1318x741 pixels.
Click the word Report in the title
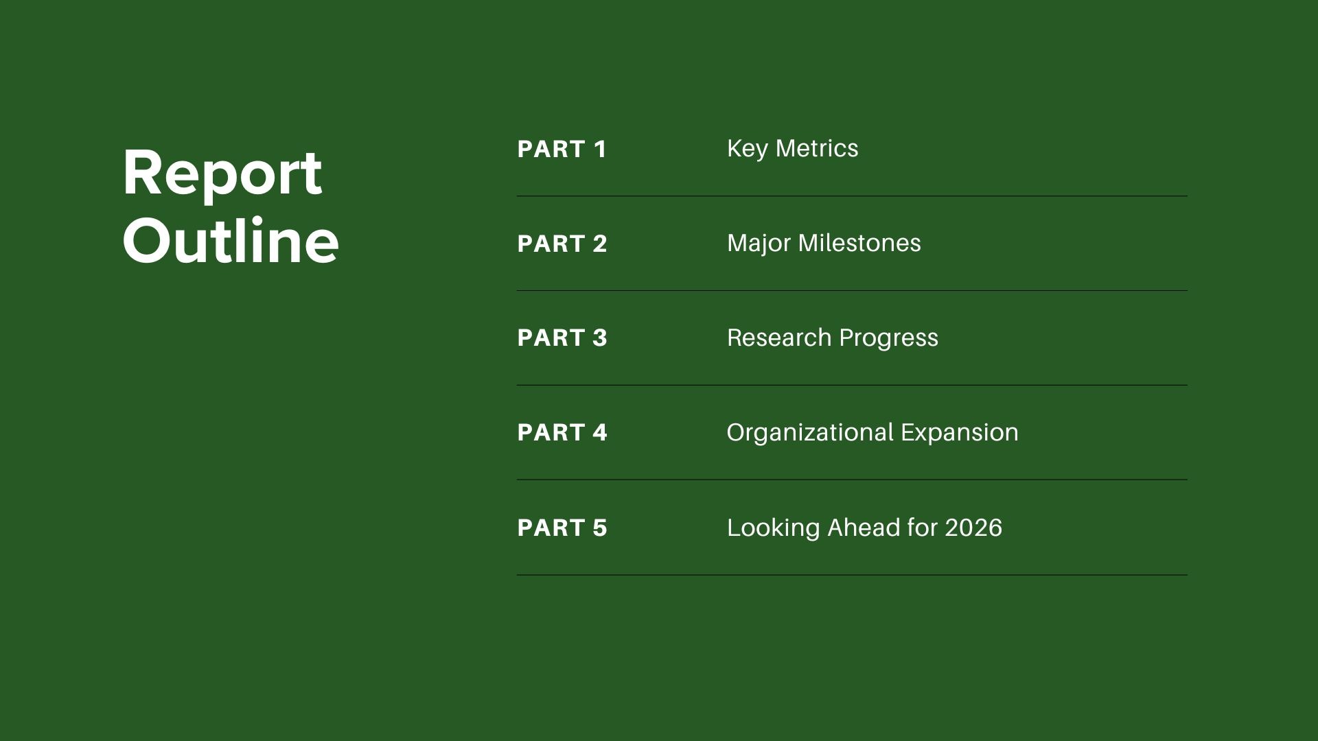pos(222,174)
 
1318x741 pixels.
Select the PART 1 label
pos(562,149)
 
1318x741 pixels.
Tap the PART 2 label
pos(562,244)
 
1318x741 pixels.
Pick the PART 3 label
pos(562,338)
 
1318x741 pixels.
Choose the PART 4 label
pos(562,432)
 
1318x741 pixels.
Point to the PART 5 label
pos(562,528)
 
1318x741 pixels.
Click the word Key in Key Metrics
pos(747,150)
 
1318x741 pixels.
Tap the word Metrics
pos(817,148)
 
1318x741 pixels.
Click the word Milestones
pos(859,243)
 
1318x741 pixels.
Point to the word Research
pos(779,338)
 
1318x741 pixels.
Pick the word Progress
pos(888,339)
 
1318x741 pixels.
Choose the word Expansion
pos(960,434)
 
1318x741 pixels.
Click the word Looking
pos(774,529)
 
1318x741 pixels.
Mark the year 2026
pos(973,528)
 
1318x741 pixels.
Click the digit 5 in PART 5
pos(600,528)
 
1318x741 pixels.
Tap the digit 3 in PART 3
pos(600,338)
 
